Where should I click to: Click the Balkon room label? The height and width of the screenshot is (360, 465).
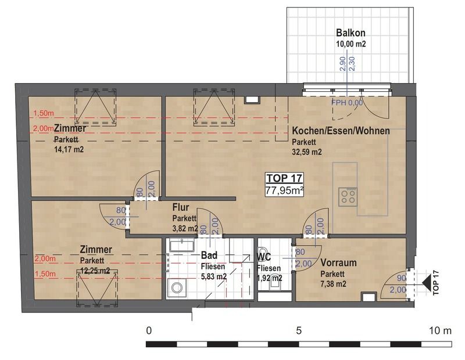(350, 33)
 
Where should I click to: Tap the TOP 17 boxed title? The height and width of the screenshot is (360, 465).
(284, 178)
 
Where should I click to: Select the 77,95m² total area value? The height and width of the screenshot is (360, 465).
(284, 190)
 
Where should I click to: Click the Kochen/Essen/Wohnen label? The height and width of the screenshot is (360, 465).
(341, 131)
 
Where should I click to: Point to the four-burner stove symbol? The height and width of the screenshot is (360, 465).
(348, 196)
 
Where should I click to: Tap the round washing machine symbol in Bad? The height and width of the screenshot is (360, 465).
(177, 287)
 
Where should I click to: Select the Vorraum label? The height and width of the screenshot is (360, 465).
(338, 263)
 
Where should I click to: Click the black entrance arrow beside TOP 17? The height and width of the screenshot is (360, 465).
(427, 285)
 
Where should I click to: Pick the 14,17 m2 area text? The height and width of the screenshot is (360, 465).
(69, 149)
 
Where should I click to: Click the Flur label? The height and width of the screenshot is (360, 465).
(181, 207)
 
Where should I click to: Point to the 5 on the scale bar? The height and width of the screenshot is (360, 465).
(299, 330)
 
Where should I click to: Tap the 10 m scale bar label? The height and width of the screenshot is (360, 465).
(441, 330)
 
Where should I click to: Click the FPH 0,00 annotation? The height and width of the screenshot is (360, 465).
(347, 103)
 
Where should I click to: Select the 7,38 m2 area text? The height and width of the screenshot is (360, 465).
(333, 284)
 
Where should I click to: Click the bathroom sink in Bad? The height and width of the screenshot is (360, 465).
(182, 246)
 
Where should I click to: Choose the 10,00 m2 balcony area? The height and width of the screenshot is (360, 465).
(351, 44)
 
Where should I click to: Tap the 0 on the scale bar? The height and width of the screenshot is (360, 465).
(149, 330)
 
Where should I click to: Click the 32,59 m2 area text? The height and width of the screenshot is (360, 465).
(307, 152)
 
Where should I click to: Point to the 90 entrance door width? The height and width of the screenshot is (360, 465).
(401, 278)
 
